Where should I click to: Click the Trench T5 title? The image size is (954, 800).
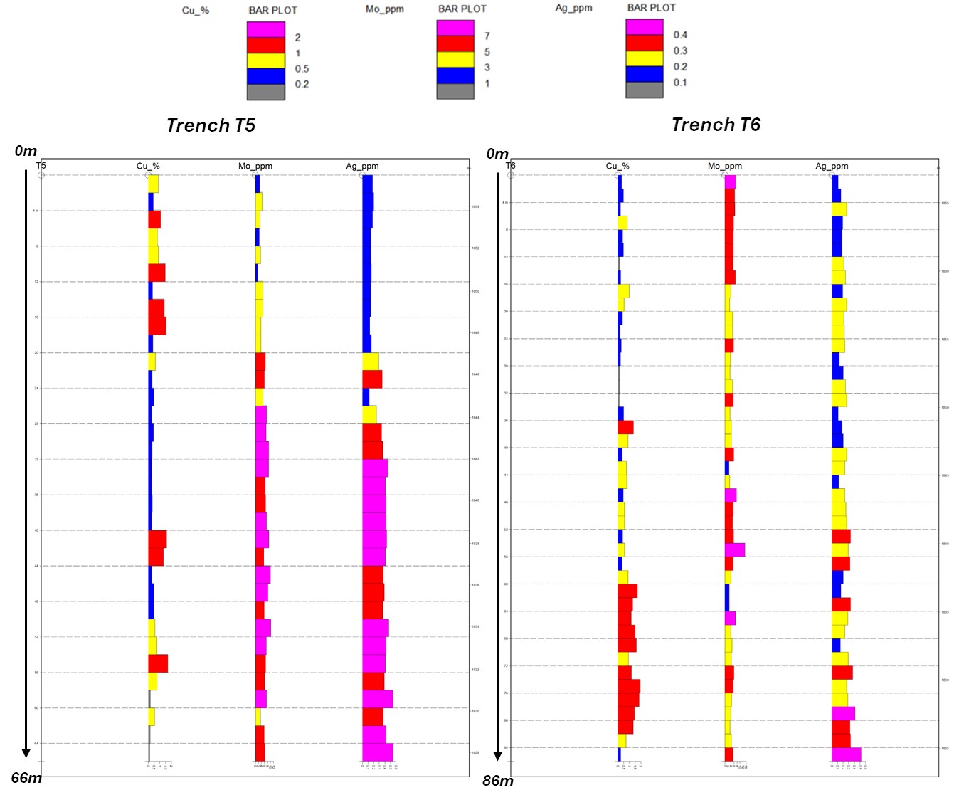pyautogui.click(x=211, y=126)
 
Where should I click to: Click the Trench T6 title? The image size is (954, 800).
pyautogui.click(x=716, y=125)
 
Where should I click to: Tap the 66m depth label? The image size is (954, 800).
pyautogui.click(x=26, y=778)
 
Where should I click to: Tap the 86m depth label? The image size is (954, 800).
pyautogui.click(x=498, y=781)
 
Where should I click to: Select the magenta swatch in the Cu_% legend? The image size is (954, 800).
pyautogui.click(x=265, y=29)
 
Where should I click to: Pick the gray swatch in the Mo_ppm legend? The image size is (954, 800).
pyautogui.click(x=455, y=91)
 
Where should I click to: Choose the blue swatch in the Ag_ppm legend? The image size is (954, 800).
pyautogui.click(x=645, y=74)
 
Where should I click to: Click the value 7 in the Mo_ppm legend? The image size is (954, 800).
pyautogui.click(x=487, y=36)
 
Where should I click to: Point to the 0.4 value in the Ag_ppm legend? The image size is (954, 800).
pyautogui.click(x=680, y=35)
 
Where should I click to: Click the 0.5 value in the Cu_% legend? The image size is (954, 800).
pyautogui.click(x=302, y=69)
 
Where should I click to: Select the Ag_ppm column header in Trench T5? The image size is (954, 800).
pyautogui.click(x=362, y=167)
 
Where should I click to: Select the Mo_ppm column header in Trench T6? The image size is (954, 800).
pyautogui.click(x=724, y=167)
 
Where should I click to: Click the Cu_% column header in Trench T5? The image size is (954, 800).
pyautogui.click(x=148, y=167)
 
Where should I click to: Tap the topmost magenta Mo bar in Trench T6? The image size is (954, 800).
pyautogui.click(x=730, y=182)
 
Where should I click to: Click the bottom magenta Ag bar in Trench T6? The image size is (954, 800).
pyautogui.click(x=846, y=754)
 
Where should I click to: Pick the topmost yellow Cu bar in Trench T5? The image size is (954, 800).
pyautogui.click(x=153, y=184)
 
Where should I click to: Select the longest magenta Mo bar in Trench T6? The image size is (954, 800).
pyautogui.click(x=735, y=549)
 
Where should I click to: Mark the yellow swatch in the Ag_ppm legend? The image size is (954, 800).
pyautogui.click(x=645, y=58)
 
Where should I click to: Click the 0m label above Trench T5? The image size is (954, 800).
pyautogui.click(x=26, y=151)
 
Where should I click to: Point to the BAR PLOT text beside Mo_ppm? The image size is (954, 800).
pyautogui.click(x=462, y=9)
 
